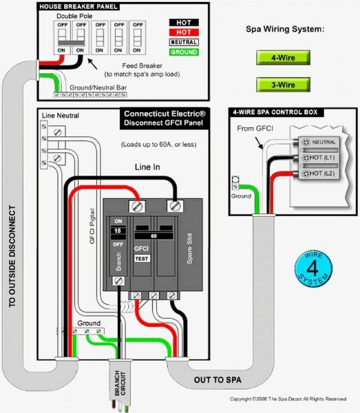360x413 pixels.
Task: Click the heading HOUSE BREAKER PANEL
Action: [x=78, y=6]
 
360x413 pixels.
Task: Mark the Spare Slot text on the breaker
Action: [x=184, y=254]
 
